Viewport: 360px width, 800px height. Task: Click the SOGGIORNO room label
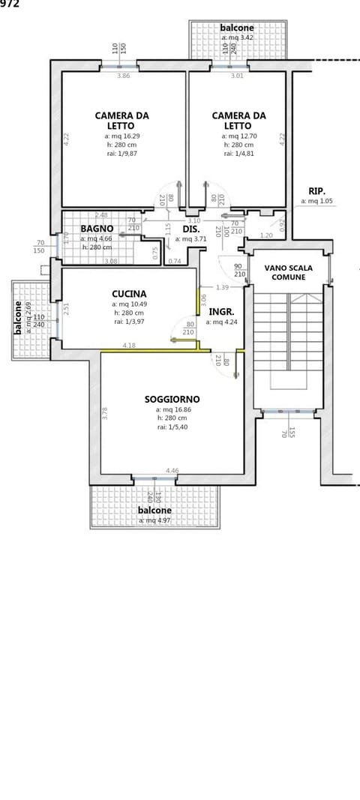[x=172, y=400]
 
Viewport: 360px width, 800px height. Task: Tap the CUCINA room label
[x=129, y=294]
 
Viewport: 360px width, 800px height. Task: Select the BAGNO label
[x=97, y=229]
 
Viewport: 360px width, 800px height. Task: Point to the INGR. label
[x=221, y=311]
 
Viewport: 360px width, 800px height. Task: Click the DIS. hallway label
[x=190, y=229]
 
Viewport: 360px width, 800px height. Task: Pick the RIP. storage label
[x=316, y=191]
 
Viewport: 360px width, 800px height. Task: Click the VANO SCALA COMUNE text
[x=288, y=272]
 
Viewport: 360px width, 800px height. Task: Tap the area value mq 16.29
[x=121, y=136]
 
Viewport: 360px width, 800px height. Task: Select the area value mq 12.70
[x=238, y=136]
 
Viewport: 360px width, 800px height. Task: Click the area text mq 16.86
[x=172, y=410]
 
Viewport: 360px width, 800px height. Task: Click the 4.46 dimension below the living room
[x=172, y=471]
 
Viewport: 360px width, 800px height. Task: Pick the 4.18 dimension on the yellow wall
[x=129, y=346]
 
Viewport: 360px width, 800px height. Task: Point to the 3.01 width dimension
[x=237, y=76]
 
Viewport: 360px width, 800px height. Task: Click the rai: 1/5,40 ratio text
[x=172, y=427]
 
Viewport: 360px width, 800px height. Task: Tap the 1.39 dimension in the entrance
[x=221, y=288]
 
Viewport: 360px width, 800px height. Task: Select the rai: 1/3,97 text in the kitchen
[x=129, y=322]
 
